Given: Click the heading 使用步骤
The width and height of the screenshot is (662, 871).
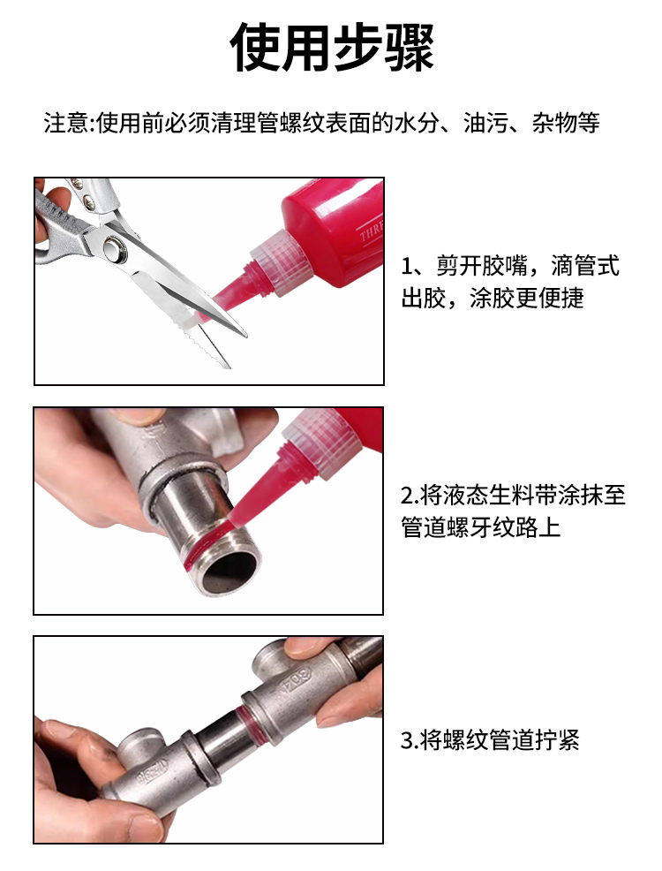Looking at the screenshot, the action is coord(331,47).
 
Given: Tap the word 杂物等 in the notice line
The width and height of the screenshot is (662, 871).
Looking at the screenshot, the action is coord(566,123).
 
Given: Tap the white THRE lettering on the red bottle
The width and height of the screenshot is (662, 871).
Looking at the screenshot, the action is coord(372,230).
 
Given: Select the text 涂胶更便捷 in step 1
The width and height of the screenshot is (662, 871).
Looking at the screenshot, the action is coord(527,298).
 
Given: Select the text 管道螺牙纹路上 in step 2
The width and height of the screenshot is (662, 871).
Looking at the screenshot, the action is coord(480,527).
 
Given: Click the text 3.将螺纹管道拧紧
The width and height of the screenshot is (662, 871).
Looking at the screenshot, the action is coord(490,740).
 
